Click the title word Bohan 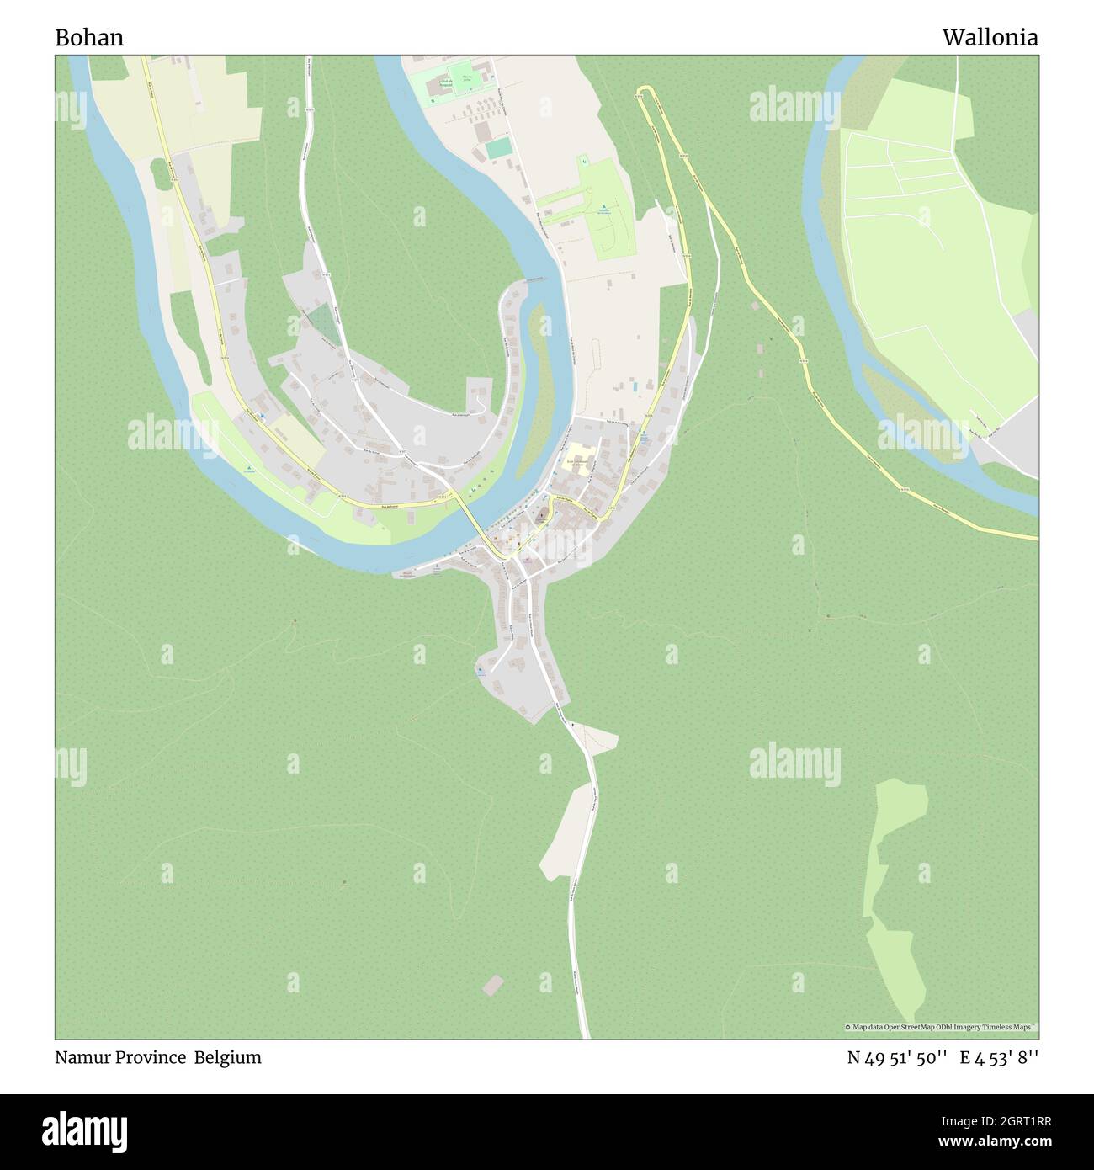89,37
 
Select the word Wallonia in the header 990,37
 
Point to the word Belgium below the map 228,1057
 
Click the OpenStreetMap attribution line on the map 941,1027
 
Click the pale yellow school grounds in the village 579,459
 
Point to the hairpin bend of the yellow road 645,89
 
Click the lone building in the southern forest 493,984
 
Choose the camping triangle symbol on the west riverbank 250,469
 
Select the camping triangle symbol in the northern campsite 603,209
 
